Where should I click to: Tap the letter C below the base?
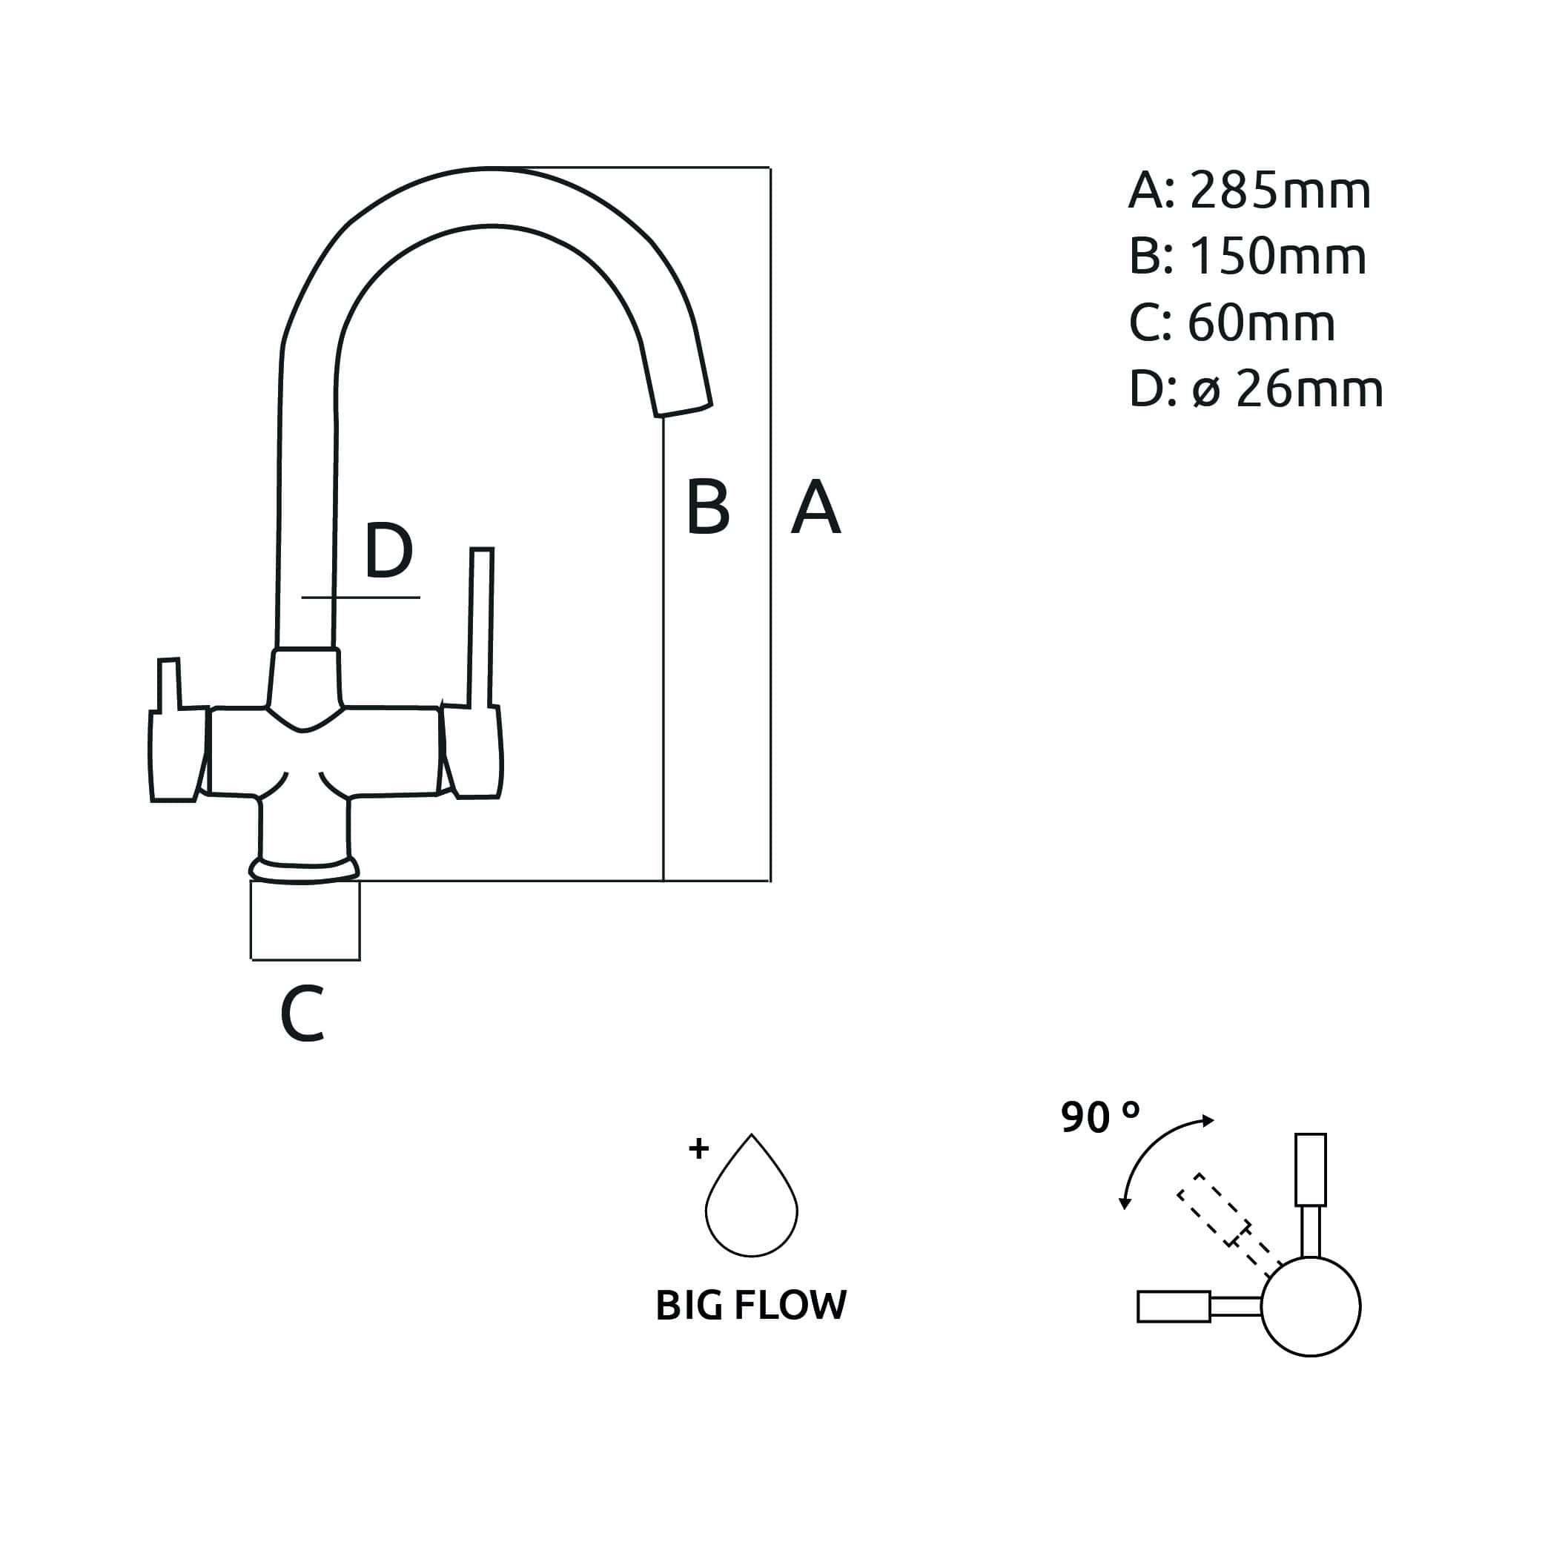point(302,1013)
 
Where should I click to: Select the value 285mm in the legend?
point(1280,191)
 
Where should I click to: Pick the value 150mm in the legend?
point(1278,257)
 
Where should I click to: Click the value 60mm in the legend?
point(1261,323)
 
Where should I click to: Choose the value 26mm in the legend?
point(1309,389)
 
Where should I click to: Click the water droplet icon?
point(751,1200)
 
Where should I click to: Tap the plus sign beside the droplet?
point(698,1148)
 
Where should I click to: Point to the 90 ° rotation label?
point(1099,1117)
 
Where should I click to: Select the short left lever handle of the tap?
point(169,684)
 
